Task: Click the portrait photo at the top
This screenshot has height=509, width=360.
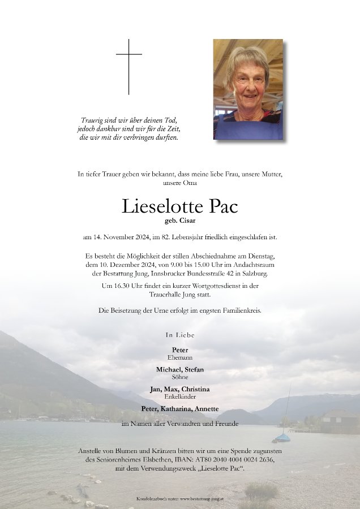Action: coord(248,89)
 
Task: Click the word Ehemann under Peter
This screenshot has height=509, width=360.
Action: coord(180,357)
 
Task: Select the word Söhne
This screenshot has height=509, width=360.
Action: coord(180,376)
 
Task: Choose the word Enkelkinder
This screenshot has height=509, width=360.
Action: coord(180,396)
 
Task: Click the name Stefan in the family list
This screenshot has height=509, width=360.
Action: coord(193,369)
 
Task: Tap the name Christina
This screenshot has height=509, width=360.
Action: coord(196,389)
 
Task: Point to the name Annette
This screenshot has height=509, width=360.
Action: coord(206,409)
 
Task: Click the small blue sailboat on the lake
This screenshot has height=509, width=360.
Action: coord(282,437)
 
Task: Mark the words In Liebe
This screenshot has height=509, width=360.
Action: coord(180,335)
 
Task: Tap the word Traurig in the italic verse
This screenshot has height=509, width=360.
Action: coord(93,120)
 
